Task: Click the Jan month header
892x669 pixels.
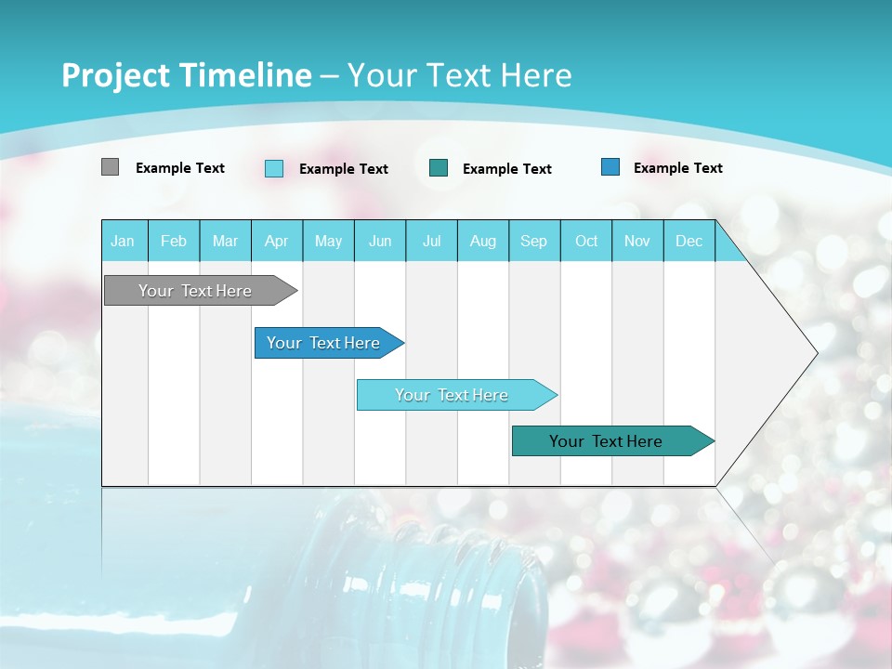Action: [124, 241]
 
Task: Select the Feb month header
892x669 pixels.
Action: [174, 241]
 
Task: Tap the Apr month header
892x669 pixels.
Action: [277, 241]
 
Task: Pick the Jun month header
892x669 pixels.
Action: [380, 241]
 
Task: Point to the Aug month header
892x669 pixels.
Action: [483, 241]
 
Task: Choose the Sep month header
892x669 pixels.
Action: [534, 241]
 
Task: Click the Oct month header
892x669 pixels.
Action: [586, 241]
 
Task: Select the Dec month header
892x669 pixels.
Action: [689, 241]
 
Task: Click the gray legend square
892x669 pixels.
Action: [110, 167]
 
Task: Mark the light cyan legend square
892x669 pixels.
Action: [274, 168]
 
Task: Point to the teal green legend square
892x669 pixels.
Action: [439, 167]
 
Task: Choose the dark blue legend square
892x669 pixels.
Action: [610, 167]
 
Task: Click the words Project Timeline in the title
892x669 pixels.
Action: [186, 75]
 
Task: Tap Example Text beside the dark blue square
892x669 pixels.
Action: [677, 168]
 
